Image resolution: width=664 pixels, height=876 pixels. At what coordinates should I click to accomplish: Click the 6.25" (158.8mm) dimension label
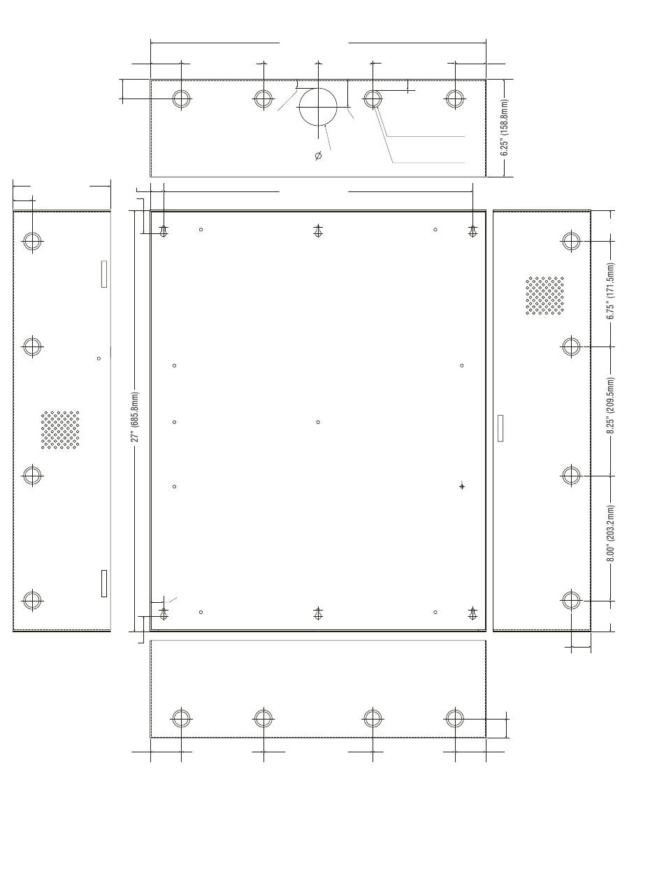pyautogui.click(x=504, y=127)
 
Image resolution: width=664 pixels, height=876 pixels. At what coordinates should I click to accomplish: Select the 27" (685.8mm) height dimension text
pyautogui.click(x=135, y=416)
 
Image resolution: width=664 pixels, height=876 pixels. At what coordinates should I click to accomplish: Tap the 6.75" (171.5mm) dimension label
pyautogui.click(x=610, y=291)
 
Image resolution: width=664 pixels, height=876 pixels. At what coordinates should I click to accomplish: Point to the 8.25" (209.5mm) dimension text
pyautogui.click(x=610, y=405)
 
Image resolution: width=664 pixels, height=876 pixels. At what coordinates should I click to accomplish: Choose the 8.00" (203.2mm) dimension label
pyautogui.click(x=610, y=533)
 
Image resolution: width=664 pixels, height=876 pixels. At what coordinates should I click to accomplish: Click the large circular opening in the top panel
pyautogui.click(x=318, y=107)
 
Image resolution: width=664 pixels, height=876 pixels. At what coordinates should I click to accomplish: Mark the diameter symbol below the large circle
pyautogui.click(x=318, y=156)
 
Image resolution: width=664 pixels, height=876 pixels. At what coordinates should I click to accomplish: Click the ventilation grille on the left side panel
pyautogui.click(x=60, y=430)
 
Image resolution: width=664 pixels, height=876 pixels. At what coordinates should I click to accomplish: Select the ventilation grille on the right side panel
pyautogui.click(x=544, y=295)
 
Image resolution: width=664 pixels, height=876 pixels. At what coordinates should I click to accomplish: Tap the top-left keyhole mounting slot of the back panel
pyautogui.click(x=164, y=231)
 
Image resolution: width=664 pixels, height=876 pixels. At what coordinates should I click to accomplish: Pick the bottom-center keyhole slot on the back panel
pyautogui.click(x=318, y=613)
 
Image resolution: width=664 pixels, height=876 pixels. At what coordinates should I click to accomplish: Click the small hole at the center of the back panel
pyautogui.click(x=318, y=422)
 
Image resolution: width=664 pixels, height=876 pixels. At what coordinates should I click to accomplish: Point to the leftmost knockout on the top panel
pyautogui.click(x=181, y=98)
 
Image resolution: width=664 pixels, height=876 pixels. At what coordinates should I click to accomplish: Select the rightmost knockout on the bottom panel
pyautogui.click(x=455, y=718)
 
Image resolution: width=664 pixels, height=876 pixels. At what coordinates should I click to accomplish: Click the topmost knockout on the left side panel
pyautogui.click(x=32, y=241)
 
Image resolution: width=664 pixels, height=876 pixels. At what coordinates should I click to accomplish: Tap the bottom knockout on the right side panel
pyautogui.click(x=571, y=600)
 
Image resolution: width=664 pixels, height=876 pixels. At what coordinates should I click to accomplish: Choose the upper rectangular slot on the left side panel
pyautogui.click(x=104, y=274)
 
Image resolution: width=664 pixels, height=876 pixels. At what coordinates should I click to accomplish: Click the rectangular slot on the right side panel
pyautogui.click(x=500, y=428)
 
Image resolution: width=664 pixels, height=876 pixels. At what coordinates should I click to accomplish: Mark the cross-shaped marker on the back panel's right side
pyautogui.click(x=462, y=486)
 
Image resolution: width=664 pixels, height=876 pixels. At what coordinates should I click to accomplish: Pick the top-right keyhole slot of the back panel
pyautogui.click(x=472, y=231)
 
